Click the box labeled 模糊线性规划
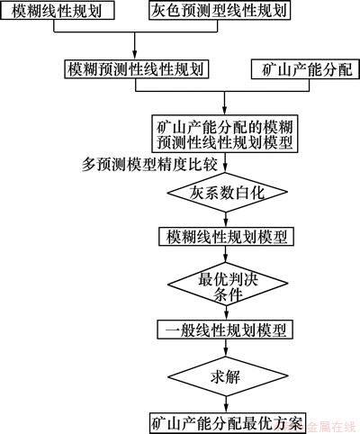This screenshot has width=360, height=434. coord(57,11)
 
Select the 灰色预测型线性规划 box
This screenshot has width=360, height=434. coord(220,11)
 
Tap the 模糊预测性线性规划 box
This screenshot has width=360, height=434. coord(137,69)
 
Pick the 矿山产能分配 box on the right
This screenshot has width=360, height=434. coord(305,69)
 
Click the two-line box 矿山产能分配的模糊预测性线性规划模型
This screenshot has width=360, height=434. coord(225,134)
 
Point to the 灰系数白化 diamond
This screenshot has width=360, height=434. coord(227,192)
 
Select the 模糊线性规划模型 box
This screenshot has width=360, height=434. coord(226,237)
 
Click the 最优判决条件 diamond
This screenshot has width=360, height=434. coord(227,284)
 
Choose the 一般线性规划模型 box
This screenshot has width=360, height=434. coord(226,330)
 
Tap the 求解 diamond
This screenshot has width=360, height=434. coord(227,376)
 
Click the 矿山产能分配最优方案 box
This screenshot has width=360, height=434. coord(228,423)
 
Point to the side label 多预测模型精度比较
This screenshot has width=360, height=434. coord(149,165)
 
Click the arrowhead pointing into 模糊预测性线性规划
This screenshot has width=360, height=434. coord(135,57)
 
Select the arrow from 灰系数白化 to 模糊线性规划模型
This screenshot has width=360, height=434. coord(227,220)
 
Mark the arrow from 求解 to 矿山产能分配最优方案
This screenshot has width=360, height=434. coord(227,404)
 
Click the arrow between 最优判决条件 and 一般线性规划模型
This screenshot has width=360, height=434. coord(227,312)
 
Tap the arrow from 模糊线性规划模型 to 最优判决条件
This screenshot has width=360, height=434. coord(227,255)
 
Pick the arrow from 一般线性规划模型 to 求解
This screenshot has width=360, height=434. coord(227,348)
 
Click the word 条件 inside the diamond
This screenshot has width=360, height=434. coord(228,294)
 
